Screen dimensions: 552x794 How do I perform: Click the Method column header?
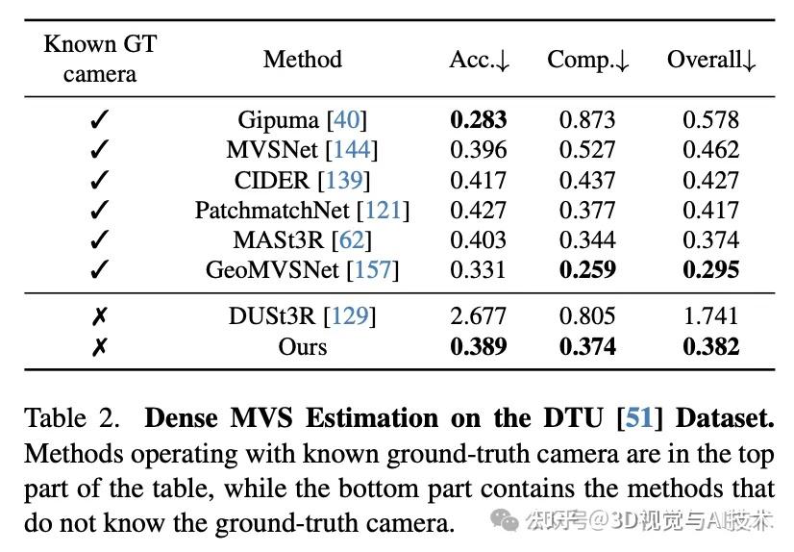point(302,60)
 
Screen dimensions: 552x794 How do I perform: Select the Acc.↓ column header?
point(479,60)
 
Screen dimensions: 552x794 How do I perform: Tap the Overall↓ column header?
point(711,60)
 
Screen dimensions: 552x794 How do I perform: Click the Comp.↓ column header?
point(588,60)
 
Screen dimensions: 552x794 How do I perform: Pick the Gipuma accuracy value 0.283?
point(479,120)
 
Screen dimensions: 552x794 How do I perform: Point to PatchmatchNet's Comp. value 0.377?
point(588,210)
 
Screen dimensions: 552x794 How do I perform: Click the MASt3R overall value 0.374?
point(711,239)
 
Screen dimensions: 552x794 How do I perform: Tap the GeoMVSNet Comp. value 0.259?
point(588,269)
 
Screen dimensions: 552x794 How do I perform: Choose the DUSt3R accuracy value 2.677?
point(479,316)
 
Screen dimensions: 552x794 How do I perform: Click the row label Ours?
point(302,346)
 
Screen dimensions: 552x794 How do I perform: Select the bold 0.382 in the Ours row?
point(711,346)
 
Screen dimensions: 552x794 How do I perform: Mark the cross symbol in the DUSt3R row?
point(100,316)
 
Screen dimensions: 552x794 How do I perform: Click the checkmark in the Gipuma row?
point(100,120)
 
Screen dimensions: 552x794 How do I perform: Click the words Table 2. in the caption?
point(73,419)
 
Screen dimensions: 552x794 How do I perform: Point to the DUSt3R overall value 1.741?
point(711,316)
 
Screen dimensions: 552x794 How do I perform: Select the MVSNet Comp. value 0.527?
point(588,150)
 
